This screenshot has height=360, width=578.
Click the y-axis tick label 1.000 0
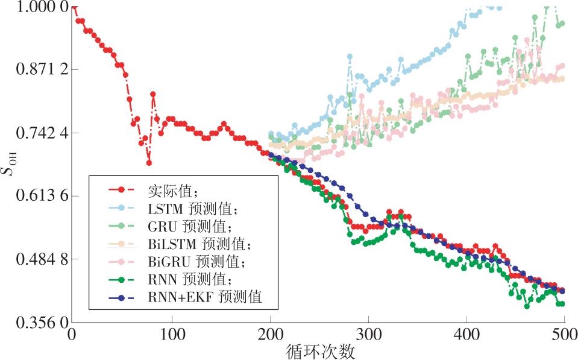coord(34,7)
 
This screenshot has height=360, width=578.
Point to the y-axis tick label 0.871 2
coord(34,69)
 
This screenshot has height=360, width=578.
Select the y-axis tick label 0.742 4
coord(34,133)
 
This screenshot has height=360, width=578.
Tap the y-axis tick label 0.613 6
coord(34,196)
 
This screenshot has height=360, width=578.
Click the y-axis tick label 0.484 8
coord(34,259)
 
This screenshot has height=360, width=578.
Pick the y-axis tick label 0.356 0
coord(34,323)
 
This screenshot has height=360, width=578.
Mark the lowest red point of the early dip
coord(149,163)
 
